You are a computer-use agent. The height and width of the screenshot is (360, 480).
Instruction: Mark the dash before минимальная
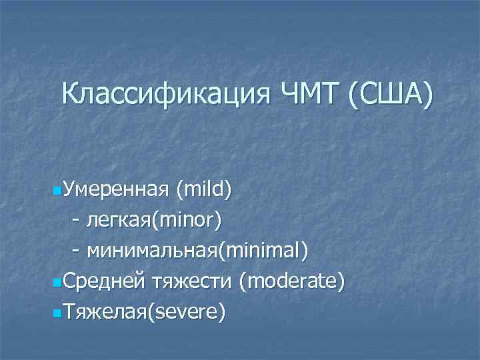tap(77, 252)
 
